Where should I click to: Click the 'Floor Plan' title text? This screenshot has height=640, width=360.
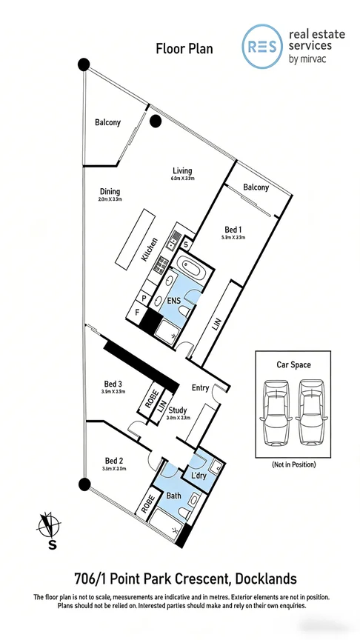tap(184, 49)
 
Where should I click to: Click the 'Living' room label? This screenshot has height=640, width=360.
tap(182, 170)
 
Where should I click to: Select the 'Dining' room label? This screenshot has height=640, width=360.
tap(109, 191)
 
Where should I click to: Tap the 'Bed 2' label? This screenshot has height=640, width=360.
tap(113, 460)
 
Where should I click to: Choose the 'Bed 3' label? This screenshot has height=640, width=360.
tap(114, 384)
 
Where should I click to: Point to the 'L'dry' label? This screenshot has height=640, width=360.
tap(199, 474)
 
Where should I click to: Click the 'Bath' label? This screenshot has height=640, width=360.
tap(173, 495)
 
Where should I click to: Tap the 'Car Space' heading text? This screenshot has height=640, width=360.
tap(293, 365)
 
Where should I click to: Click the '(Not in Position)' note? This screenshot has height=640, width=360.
tap(293, 464)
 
